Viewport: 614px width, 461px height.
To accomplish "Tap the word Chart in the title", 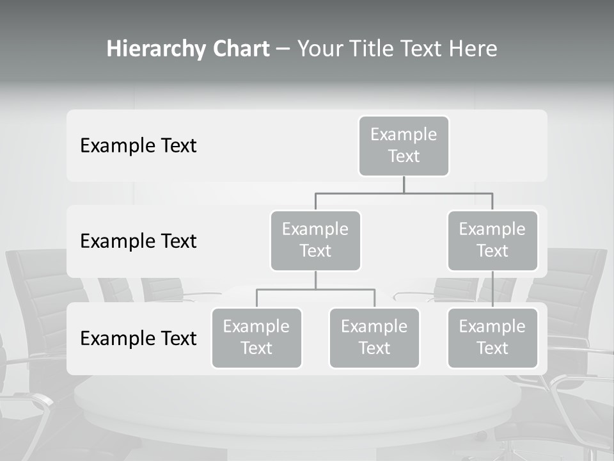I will (238, 49).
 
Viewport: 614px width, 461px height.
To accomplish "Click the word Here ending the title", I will (474, 49).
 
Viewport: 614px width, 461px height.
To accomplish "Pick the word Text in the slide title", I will (430, 49).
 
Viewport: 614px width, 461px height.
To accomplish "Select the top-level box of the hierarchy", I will (404, 146).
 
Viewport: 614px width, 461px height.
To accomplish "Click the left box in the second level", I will (315, 241).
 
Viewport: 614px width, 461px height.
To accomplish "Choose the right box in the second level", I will (492, 241).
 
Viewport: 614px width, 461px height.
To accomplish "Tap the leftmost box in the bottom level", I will (256, 338).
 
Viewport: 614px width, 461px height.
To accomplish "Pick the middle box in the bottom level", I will (374, 338).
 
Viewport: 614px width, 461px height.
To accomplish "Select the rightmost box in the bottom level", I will (492, 338).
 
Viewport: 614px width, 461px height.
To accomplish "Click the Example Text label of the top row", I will (138, 146).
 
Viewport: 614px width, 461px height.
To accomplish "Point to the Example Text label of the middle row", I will (138, 241).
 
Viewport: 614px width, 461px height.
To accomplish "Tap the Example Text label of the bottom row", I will (138, 338).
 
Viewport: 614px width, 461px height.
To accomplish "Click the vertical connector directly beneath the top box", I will (404, 184).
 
